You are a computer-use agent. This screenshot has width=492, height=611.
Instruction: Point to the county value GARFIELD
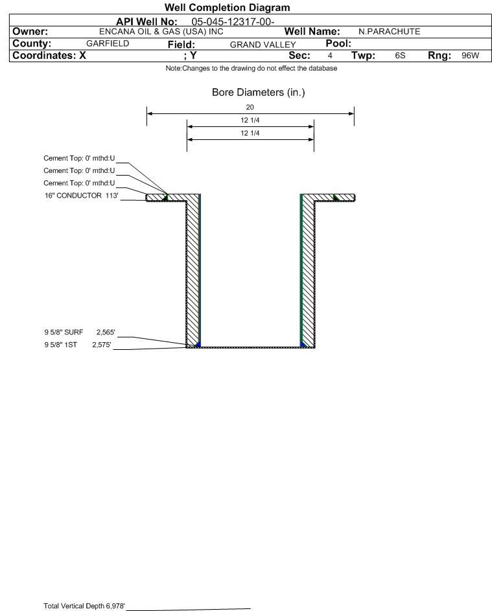click(108, 43)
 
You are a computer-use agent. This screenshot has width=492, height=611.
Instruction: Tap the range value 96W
click(470, 56)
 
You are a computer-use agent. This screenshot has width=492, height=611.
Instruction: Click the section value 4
click(330, 56)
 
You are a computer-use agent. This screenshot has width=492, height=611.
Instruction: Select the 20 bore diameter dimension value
click(250, 108)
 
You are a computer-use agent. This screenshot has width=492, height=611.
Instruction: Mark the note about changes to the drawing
click(250, 69)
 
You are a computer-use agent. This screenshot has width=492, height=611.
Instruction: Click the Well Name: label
click(312, 31)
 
